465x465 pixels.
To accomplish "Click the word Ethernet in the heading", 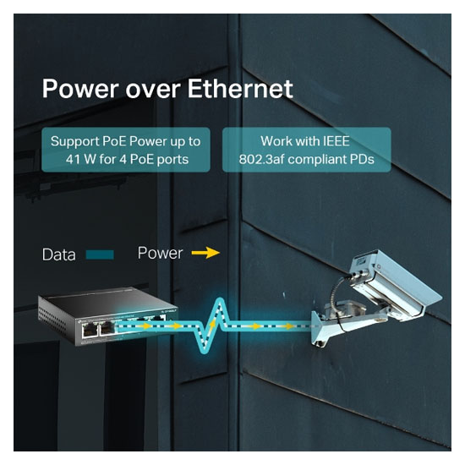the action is pos(240,88).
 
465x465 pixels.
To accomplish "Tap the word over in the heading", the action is pos(153,90).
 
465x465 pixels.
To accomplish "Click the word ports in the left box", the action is pos(172,160).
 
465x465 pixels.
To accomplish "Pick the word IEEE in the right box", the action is pos(336,141).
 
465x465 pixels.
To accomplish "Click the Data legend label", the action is pos(58,254).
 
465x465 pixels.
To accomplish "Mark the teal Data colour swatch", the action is pos(100,254).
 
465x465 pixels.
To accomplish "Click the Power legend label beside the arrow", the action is pos(160,253).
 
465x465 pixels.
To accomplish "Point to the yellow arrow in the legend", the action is pos(205,253).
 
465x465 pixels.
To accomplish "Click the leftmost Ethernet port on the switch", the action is pos(89,330).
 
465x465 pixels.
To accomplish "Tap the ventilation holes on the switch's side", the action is pos(53,320).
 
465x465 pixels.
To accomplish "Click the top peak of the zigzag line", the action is pos(219,300).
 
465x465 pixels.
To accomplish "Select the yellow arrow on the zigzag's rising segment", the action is pos(212,323).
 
